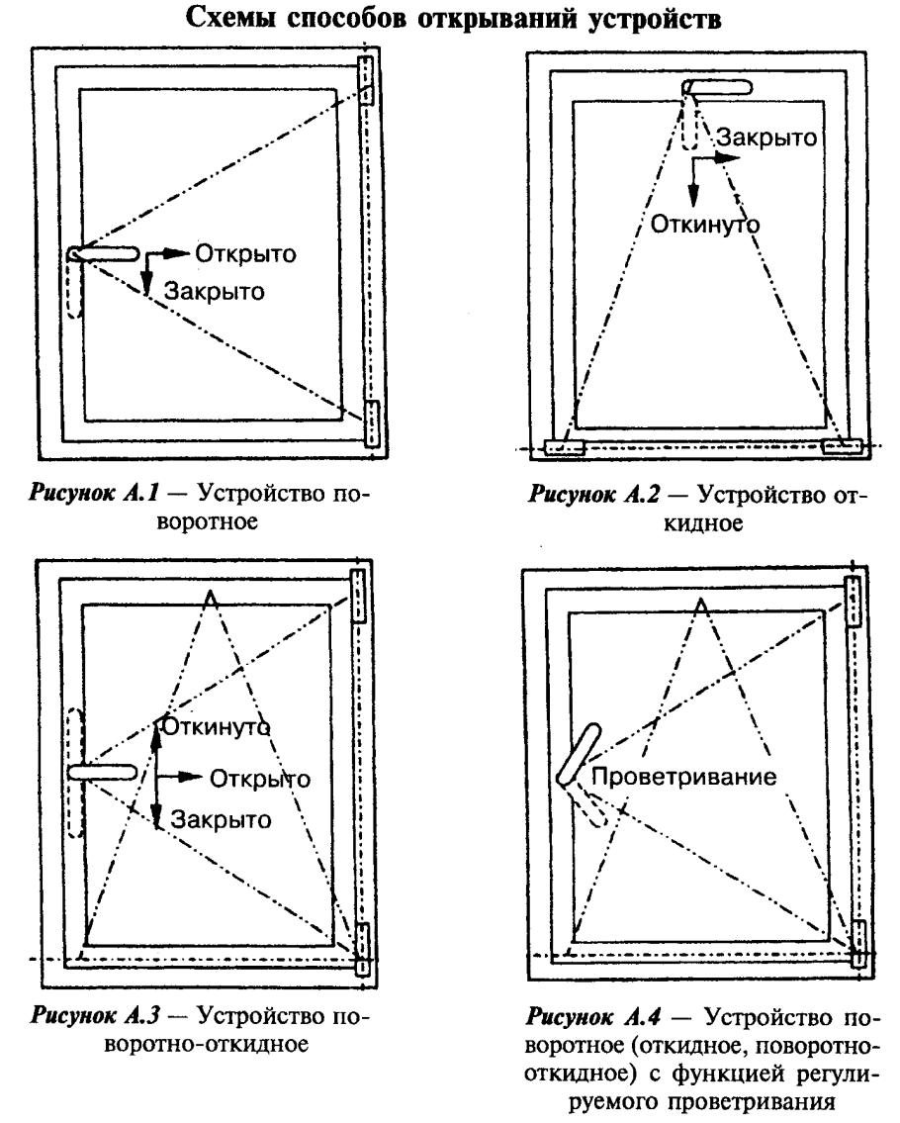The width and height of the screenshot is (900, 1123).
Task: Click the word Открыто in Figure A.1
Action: [x=245, y=254]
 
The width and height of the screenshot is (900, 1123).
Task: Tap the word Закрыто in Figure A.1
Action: [x=214, y=292]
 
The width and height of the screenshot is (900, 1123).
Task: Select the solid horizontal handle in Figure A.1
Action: [x=104, y=253]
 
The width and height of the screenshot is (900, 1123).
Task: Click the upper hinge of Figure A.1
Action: [x=366, y=80]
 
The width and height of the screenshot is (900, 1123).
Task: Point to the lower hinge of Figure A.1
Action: [x=372, y=423]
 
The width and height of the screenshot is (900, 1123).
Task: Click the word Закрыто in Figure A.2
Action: [x=766, y=138]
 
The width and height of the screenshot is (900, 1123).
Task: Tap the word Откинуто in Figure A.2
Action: [x=704, y=225]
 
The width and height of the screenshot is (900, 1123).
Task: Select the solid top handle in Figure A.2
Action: [x=717, y=87]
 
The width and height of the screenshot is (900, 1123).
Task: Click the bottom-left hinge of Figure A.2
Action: [x=565, y=447]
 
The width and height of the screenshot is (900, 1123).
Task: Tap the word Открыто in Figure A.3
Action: [x=260, y=779]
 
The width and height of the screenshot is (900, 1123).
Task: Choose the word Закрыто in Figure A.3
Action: [x=222, y=819]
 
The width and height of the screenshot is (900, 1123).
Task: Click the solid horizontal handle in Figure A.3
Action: [x=103, y=772]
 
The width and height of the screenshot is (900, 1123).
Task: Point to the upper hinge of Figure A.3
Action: [x=358, y=596]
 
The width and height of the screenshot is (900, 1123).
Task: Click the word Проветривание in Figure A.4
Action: [x=684, y=777]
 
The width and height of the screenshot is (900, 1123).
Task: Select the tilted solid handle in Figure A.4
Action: [x=579, y=754]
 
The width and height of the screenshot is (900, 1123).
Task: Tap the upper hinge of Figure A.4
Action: [x=853, y=601]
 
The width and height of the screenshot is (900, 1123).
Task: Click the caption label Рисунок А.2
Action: [x=594, y=495]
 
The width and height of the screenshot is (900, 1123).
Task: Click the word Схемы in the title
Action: [x=231, y=18]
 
